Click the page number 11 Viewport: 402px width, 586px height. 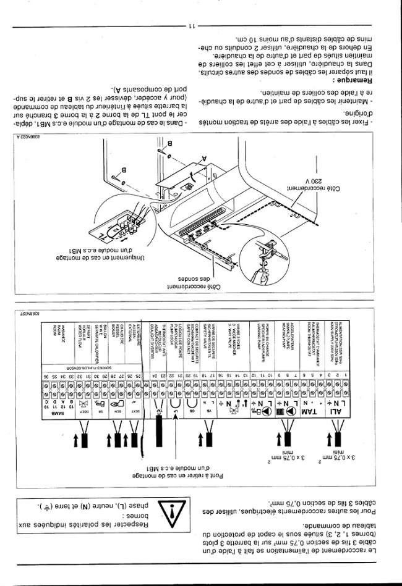coord(191,25)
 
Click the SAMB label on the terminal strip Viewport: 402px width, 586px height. coord(47,410)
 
